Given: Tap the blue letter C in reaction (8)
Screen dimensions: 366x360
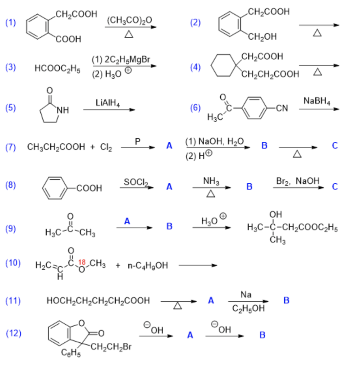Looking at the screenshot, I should (x=335, y=187).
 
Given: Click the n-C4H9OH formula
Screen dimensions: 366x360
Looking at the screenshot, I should (x=147, y=266).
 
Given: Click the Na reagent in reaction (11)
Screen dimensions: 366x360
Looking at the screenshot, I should (x=246, y=295).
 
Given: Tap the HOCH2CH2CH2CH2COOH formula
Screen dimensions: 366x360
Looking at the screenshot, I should (x=98, y=301).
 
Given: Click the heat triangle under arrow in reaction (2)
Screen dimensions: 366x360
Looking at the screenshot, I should (x=317, y=33).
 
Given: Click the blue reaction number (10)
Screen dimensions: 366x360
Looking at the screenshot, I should (x=13, y=263).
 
